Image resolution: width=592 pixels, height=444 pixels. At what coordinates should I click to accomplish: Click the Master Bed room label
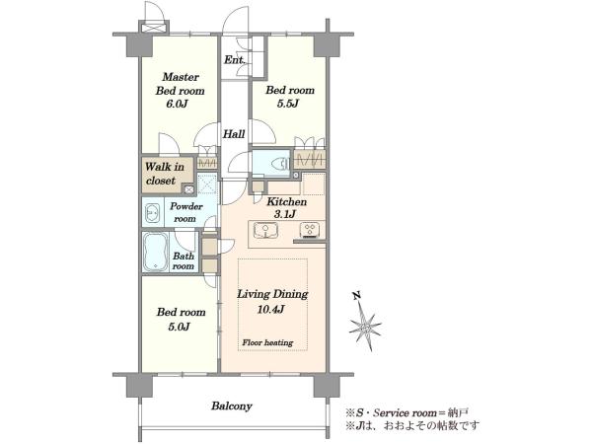[181, 84]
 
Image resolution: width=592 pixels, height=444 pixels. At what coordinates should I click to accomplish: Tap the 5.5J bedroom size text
[288, 104]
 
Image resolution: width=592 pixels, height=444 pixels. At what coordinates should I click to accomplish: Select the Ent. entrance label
[235, 59]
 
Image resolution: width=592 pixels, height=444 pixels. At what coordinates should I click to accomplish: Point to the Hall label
[234, 133]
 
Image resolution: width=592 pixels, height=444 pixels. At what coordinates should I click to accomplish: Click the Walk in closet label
[165, 174]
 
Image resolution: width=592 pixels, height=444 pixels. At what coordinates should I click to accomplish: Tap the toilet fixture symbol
[279, 163]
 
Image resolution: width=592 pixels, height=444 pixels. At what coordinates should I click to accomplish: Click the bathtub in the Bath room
[155, 252]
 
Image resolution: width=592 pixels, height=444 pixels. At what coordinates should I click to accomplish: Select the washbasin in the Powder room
[152, 214]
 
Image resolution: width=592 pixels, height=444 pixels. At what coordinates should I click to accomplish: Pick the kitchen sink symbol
[265, 230]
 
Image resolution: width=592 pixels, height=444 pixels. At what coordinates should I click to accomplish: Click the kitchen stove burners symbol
[310, 230]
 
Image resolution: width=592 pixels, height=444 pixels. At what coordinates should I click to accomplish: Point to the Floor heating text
[267, 342]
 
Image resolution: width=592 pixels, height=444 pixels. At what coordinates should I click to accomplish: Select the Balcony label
[232, 407]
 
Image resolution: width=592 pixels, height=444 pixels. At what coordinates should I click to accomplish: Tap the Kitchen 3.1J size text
[284, 214]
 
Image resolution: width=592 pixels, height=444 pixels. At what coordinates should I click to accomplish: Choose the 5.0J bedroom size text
[179, 327]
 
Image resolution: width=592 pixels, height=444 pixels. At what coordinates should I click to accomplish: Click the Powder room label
[185, 212]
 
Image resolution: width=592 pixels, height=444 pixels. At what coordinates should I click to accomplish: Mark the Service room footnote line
[407, 412]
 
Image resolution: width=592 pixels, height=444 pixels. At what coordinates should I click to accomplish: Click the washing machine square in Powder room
[207, 184]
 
